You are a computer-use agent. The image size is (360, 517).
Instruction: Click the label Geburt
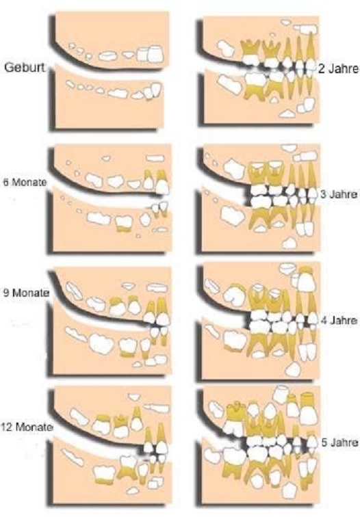coord(24,68)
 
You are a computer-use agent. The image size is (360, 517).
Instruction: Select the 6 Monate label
coord(25,182)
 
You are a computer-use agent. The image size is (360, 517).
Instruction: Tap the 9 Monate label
coord(26,293)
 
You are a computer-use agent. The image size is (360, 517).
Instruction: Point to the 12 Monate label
coord(27,427)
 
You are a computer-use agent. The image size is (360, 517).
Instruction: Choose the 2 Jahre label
coord(338,69)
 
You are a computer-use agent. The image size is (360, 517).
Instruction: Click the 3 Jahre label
coord(339,194)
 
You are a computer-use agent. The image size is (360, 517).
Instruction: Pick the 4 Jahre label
coord(339,320)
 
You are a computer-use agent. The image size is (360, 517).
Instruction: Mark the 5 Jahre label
coord(339,442)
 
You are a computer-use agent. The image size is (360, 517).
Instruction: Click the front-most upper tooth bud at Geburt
coord(156,54)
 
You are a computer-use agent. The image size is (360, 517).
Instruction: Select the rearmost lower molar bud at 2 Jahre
coord(229,84)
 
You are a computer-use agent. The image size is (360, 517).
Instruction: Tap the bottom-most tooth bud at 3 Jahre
coord(290,243)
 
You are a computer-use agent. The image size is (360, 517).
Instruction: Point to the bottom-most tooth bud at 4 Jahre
coord(293,369)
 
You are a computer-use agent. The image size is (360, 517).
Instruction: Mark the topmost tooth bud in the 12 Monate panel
coord(134,397)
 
